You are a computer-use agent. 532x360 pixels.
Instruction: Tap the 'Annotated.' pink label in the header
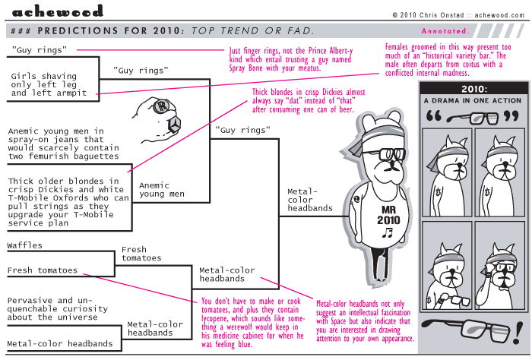pos(445,31)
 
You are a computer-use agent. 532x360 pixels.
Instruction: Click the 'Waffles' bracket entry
pos(25,246)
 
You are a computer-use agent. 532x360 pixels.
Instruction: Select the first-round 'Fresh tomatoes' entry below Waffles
pos(43,270)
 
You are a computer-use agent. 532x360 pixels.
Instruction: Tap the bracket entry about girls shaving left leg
pos(49,84)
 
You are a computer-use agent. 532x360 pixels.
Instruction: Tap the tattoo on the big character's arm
pos(356,201)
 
